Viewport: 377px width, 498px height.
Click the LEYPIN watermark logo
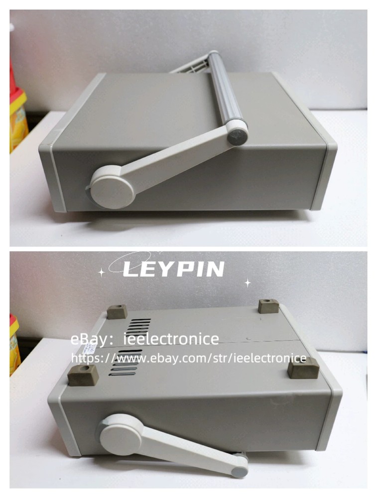(173, 269)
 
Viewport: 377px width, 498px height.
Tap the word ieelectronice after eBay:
(171, 339)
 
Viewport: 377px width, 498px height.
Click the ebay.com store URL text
(189, 358)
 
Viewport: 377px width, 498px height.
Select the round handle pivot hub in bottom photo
(121, 434)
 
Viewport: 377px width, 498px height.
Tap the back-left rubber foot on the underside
(117, 312)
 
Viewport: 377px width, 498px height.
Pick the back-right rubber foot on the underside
(268, 306)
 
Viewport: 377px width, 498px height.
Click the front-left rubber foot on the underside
(83, 375)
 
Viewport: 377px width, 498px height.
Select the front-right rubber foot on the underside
(303, 369)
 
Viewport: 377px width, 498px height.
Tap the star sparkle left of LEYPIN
(101, 272)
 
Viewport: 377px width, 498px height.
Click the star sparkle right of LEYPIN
(248, 283)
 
